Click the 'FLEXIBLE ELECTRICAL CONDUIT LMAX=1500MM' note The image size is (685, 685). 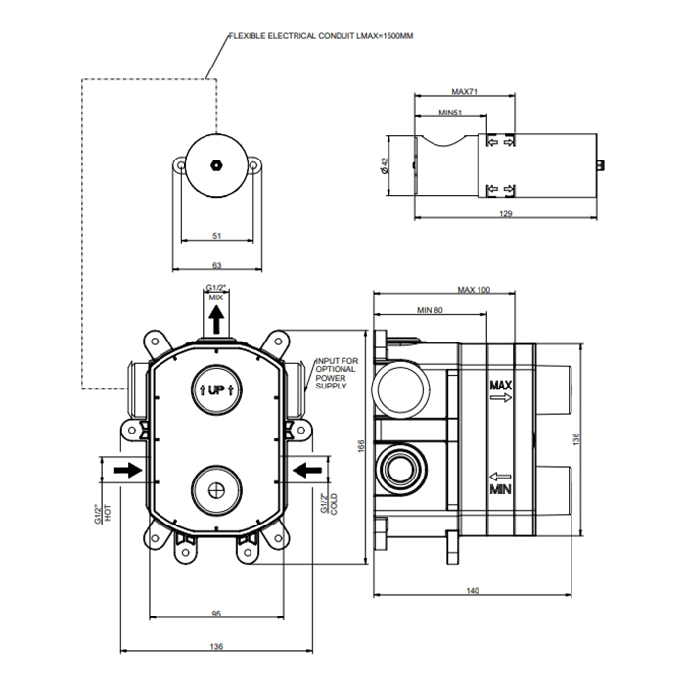[320, 36]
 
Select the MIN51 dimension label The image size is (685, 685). [450, 113]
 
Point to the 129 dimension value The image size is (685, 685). [506, 213]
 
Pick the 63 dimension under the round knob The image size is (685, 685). [217, 264]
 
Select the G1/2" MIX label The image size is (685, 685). [216, 291]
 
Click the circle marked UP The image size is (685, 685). [216, 389]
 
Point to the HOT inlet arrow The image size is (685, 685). [126, 470]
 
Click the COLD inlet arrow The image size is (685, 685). [308, 470]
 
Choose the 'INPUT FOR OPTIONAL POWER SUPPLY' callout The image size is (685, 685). [336, 374]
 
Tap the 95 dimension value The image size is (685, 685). [217, 614]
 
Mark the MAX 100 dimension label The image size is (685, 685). [474, 290]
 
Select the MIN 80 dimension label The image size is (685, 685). [431, 310]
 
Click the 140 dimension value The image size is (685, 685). [473, 591]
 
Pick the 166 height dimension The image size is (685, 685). [360, 448]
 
